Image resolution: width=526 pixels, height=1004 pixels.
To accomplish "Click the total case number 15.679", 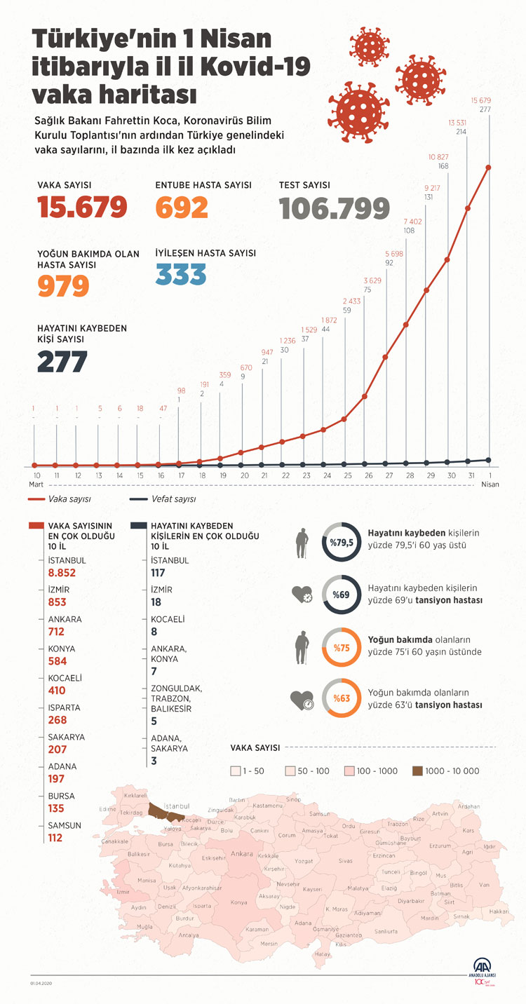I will (83, 208).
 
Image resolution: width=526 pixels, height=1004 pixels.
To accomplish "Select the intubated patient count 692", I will (182, 208).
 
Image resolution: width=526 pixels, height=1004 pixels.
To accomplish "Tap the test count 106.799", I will (334, 208).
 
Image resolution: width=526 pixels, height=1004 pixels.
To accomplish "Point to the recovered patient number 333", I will (181, 274).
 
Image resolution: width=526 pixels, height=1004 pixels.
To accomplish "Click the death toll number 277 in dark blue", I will (62, 362).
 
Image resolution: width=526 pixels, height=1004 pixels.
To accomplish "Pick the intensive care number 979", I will (64, 285).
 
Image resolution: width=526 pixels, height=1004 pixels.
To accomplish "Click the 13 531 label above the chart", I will (461, 123).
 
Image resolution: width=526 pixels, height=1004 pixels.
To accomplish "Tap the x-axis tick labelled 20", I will (245, 476).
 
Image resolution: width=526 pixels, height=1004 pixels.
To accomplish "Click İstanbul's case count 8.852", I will (62, 573).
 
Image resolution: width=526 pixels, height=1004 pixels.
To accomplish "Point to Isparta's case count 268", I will (58, 720).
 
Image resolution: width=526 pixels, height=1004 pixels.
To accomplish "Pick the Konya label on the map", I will (238, 902).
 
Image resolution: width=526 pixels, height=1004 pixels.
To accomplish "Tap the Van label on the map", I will (484, 885).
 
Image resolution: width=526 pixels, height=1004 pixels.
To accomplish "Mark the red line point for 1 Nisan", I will (487, 168).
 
